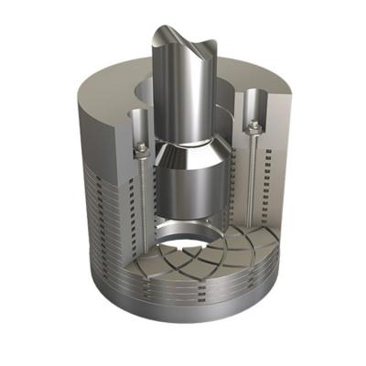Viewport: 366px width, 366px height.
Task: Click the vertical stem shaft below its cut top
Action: click(x=179, y=101)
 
